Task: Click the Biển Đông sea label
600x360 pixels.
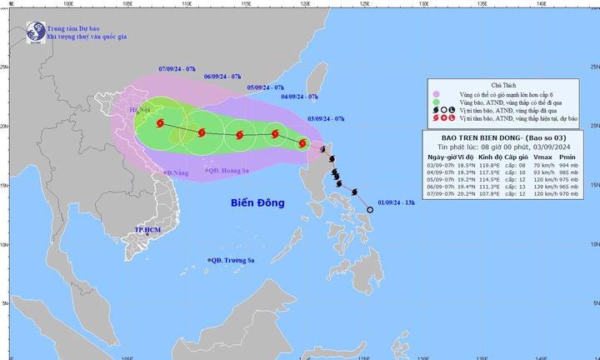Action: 257,202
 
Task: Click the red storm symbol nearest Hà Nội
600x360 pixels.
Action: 161,124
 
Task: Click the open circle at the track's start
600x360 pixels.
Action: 370,210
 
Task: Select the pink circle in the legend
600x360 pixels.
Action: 436,93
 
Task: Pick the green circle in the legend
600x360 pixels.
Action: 436,102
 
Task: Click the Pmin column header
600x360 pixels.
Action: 571,157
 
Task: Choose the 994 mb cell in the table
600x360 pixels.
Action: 571,166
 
